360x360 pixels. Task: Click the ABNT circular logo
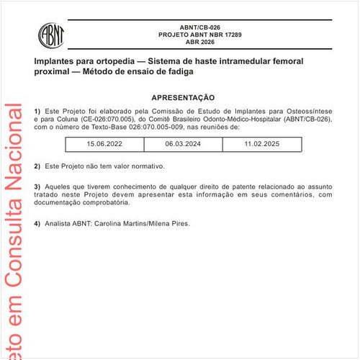tap(50, 34)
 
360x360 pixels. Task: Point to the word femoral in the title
tap(297, 63)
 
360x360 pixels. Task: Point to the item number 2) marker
tap(37, 166)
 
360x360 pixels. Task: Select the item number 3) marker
tap(37, 186)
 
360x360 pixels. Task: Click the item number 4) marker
tap(37, 224)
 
